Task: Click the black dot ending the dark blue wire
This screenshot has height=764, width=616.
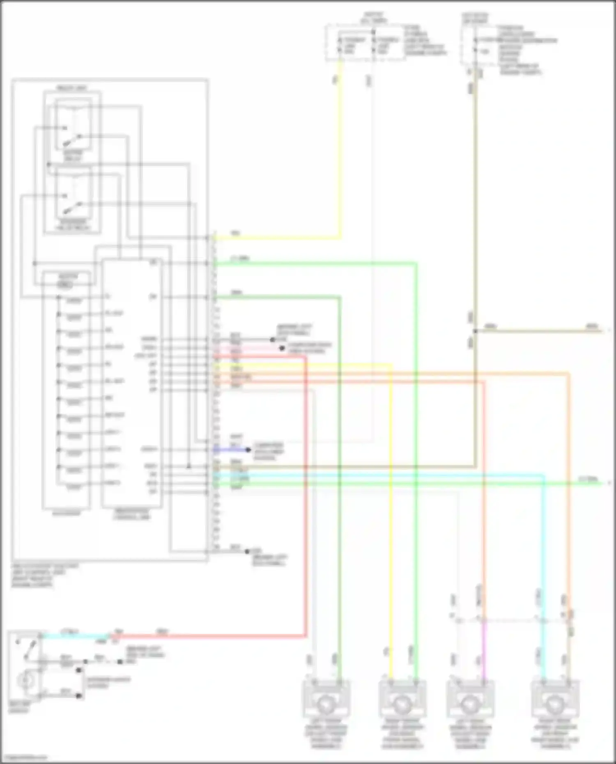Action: click(248, 450)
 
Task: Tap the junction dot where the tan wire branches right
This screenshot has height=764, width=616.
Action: click(475, 331)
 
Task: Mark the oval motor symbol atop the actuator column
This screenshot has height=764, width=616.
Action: click(65, 285)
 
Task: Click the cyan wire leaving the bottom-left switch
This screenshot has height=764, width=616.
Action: click(74, 636)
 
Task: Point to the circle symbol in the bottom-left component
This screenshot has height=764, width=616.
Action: click(25, 681)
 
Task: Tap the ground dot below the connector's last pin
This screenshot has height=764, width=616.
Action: click(247, 551)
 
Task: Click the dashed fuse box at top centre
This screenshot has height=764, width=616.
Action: click(365, 43)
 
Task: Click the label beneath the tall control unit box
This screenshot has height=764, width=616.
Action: click(132, 514)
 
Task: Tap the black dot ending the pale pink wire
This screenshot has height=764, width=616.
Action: click(282, 349)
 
